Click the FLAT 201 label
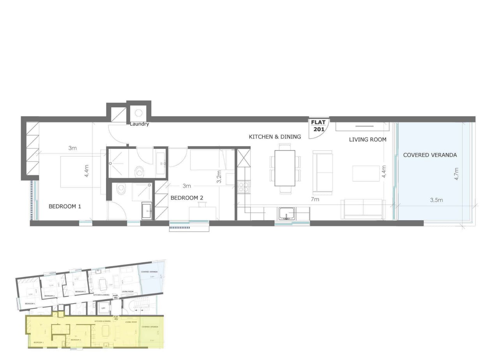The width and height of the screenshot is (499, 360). pos(319,126)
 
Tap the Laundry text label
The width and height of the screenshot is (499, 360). pos(140,124)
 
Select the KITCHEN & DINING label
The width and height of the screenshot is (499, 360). pos(275,137)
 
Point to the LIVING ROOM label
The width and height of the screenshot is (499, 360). pos(368,139)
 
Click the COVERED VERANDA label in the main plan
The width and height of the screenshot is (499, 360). pos(430,155)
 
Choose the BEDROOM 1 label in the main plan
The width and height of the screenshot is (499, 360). pos(65,206)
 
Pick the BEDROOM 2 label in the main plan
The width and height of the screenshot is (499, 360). pos(187,198)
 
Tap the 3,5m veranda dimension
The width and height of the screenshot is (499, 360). pos(436,200)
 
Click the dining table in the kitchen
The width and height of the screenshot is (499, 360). pos(285,168)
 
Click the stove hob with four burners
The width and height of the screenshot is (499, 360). pos(243,187)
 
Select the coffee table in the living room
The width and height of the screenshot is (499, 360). pos(366,173)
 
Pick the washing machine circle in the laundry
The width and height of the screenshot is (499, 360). pos(138,113)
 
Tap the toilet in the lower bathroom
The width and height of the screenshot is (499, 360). pos(121,190)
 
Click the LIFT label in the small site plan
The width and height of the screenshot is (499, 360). pos(103,308)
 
